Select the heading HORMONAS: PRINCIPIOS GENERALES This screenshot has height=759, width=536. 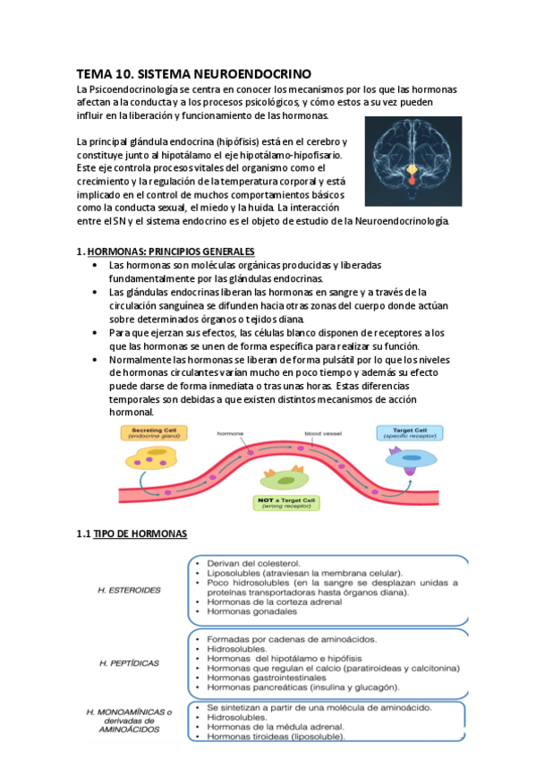click(x=157, y=252)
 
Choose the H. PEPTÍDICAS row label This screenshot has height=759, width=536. click(x=131, y=662)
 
